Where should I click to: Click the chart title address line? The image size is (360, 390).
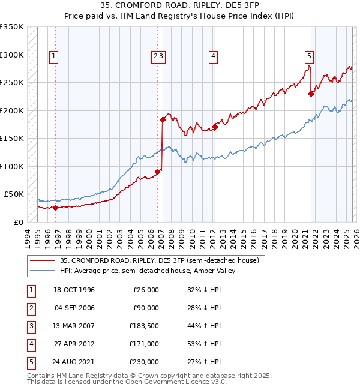pos(179,6)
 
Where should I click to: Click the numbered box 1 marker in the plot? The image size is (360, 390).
pos(53,57)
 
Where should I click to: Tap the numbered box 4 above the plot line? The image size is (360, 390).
pos(213,57)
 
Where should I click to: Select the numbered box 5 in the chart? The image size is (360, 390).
pos(309,57)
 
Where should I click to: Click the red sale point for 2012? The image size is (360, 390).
pos(215,127)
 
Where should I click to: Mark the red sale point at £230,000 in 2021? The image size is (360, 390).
pos(311,94)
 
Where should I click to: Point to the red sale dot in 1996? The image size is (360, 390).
pos(55,208)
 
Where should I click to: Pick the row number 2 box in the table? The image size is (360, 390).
pos(29,308)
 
